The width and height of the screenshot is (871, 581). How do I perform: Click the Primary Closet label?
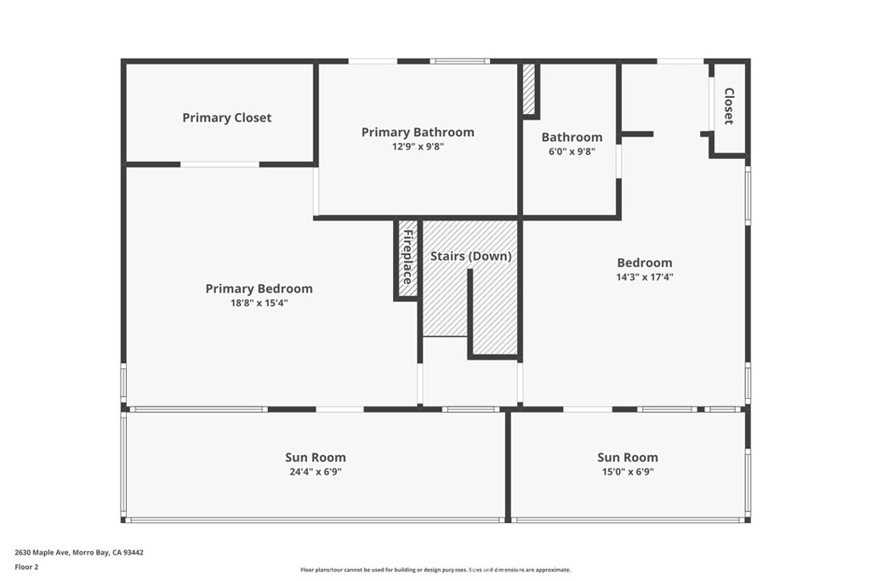226,118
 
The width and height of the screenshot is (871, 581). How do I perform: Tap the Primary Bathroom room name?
418,132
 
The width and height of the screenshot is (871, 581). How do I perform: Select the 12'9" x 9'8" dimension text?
418,146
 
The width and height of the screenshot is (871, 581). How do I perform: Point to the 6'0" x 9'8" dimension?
572,151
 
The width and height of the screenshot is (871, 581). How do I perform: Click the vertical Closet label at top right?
729,106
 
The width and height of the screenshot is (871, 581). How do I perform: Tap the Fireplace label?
407,258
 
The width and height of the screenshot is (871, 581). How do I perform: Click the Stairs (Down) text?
470,256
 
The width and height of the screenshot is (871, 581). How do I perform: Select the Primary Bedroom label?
259,289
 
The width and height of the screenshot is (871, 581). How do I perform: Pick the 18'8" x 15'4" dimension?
259,303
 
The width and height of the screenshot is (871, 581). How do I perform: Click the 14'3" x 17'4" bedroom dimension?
644,276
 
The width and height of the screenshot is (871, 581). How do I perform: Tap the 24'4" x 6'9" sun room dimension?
315,471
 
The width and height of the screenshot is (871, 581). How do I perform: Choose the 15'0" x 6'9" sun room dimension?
627,471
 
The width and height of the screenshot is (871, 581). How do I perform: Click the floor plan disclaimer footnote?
435,570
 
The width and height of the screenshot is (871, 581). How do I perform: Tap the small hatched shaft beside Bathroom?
528,88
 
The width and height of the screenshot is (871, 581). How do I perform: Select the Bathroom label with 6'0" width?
572,137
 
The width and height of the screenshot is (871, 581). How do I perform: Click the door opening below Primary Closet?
219,164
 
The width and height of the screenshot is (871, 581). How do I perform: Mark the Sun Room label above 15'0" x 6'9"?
627,458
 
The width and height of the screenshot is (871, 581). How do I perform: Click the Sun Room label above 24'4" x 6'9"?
315,458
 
